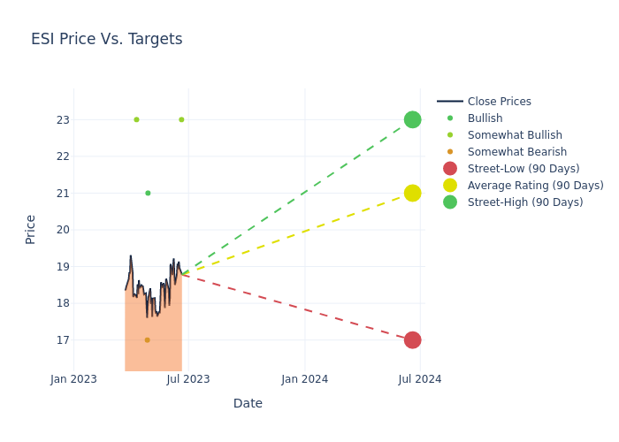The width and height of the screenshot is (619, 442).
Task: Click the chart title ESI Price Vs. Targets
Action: [x=106, y=39]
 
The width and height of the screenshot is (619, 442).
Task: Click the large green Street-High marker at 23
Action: [x=412, y=119]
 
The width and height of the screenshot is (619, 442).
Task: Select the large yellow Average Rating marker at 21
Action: [x=412, y=193]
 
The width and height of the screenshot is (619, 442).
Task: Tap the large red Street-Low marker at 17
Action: [x=412, y=339]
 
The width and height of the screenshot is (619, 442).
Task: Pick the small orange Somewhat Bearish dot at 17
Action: [x=147, y=339]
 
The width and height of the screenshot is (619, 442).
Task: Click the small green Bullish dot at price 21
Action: [x=148, y=193]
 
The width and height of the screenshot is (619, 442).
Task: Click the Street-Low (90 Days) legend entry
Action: [x=523, y=169]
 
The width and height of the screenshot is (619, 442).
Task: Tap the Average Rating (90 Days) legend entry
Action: [x=535, y=186]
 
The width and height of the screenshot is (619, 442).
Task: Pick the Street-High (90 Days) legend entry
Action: [x=524, y=202]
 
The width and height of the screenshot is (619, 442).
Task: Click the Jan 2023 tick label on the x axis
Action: [x=73, y=379]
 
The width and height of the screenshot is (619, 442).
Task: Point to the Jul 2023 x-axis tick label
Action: [x=188, y=379]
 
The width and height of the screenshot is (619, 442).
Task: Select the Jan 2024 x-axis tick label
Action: [x=305, y=379]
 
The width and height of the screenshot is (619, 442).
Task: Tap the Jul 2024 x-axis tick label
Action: [x=420, y=379]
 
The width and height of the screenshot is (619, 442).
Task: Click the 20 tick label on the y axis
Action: [x=62, y=230]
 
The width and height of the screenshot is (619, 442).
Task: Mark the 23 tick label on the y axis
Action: [x=62, y=119]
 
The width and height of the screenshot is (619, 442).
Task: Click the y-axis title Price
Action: [x=31, y=229]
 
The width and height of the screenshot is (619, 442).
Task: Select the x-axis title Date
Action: [x=248, y=404]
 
